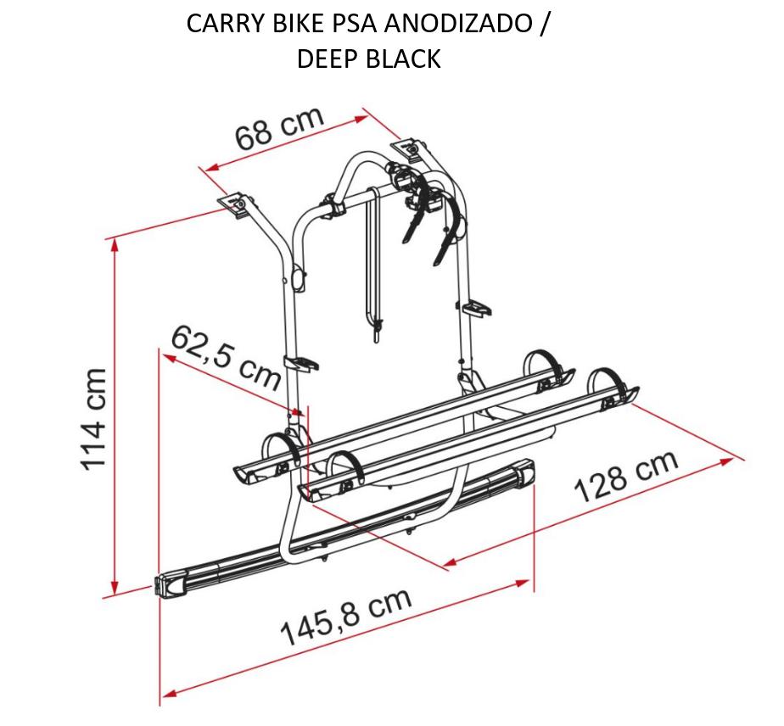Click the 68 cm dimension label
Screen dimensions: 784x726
[279, 128]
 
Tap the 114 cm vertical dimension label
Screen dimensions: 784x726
[93, 419]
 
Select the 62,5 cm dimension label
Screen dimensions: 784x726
[226, 357]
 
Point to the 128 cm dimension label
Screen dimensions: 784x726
[627, 475]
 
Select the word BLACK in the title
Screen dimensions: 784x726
[403, 59]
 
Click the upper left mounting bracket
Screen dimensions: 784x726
[238, 203]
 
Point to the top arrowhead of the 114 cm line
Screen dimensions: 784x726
[115, 245]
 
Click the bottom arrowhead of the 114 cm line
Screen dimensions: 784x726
[115, 588]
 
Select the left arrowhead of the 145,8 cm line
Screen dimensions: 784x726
[169, 692]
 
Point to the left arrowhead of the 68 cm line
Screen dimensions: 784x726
[212, 167]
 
